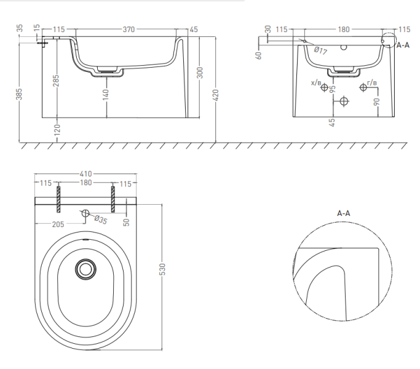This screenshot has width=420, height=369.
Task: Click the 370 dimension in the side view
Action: click(129, 29)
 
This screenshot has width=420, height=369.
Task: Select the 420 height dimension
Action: click(215, 95)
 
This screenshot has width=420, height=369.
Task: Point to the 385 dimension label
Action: click(19, 94)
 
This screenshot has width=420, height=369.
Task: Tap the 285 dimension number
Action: click(56, 81)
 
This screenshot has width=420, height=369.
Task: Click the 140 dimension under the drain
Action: click(106, 95)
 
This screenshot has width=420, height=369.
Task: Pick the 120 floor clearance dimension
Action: click(57, 130)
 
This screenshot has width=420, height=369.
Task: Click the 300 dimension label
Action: click(200, 73)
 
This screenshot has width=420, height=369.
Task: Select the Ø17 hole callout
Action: click(320, 50)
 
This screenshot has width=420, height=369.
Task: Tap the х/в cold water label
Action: click(316, 82)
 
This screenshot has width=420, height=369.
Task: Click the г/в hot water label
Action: click(372, 83)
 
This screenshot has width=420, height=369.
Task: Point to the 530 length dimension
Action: click(162, 269)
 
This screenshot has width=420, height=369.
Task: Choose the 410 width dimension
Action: click(85, 173)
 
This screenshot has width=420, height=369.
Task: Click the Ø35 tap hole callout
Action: click(101, 220)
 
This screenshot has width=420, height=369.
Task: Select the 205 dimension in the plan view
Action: click(58, 224)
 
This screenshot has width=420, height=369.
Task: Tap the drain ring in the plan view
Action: click(85, 269)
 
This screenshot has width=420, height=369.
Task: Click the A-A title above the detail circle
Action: click(343, 213)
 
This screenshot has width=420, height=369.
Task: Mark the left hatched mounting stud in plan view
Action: click(58, 199)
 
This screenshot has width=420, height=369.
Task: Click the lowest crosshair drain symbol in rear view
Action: click(344, 101)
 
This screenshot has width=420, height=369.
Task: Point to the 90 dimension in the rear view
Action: click(376, 101)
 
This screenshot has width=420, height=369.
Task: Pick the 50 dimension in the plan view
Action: click(126, 222)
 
